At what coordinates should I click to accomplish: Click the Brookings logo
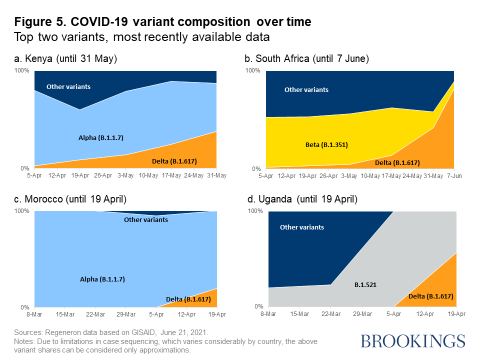tap(413, 341)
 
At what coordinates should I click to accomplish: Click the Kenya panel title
tap(65, 59)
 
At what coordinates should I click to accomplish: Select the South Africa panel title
tap(306, 59)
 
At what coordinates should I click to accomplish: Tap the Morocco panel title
tap(70, 199)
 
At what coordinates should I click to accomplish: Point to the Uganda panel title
tap(302, 199)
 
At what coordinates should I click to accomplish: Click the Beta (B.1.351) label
tap(326, 145)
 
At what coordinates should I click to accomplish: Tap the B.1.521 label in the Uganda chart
tap(365, 284)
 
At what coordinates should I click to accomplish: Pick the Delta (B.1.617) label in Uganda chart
tap(430, 296)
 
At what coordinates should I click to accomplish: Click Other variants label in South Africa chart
tap(306, 90)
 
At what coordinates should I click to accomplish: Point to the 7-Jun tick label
tap(453, 176)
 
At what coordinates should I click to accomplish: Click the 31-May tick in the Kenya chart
tap(216, 175)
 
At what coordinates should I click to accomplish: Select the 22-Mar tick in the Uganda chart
tap(331, 313)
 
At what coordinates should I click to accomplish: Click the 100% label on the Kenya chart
tap(22, 70)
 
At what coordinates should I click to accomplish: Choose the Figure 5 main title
tap(162, 22)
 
